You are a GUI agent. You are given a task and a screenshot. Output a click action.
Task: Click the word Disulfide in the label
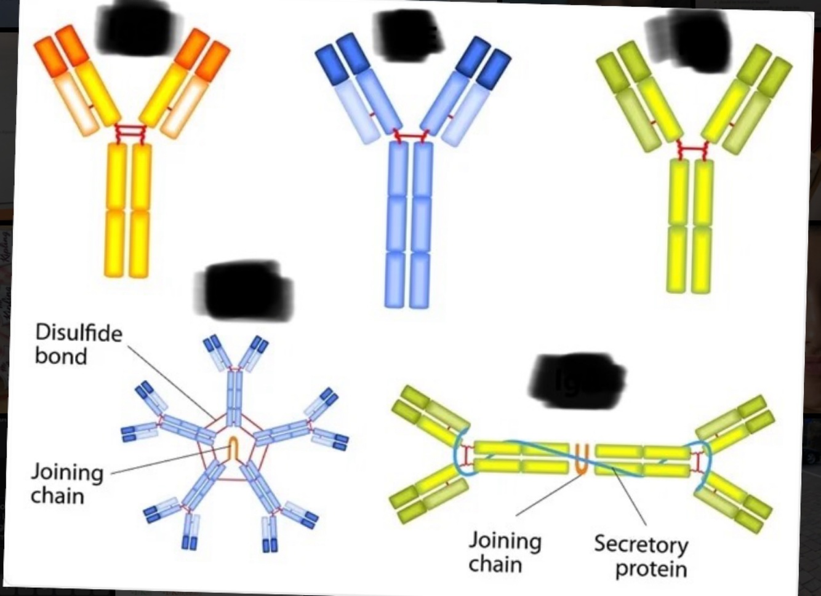[x=79, y=333]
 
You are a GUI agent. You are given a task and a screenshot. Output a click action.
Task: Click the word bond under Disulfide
[x=61, y=356]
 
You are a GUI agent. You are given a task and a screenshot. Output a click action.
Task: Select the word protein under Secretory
[x=651, y=568]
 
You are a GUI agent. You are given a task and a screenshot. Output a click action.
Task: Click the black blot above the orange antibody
[x=135, y=29]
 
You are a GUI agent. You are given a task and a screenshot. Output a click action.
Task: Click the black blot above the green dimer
[x=577, y=381]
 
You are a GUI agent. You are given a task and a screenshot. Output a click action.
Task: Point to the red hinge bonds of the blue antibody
[x=410, y=137]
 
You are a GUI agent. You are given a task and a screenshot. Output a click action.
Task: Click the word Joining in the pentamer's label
[x=67, y=472]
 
